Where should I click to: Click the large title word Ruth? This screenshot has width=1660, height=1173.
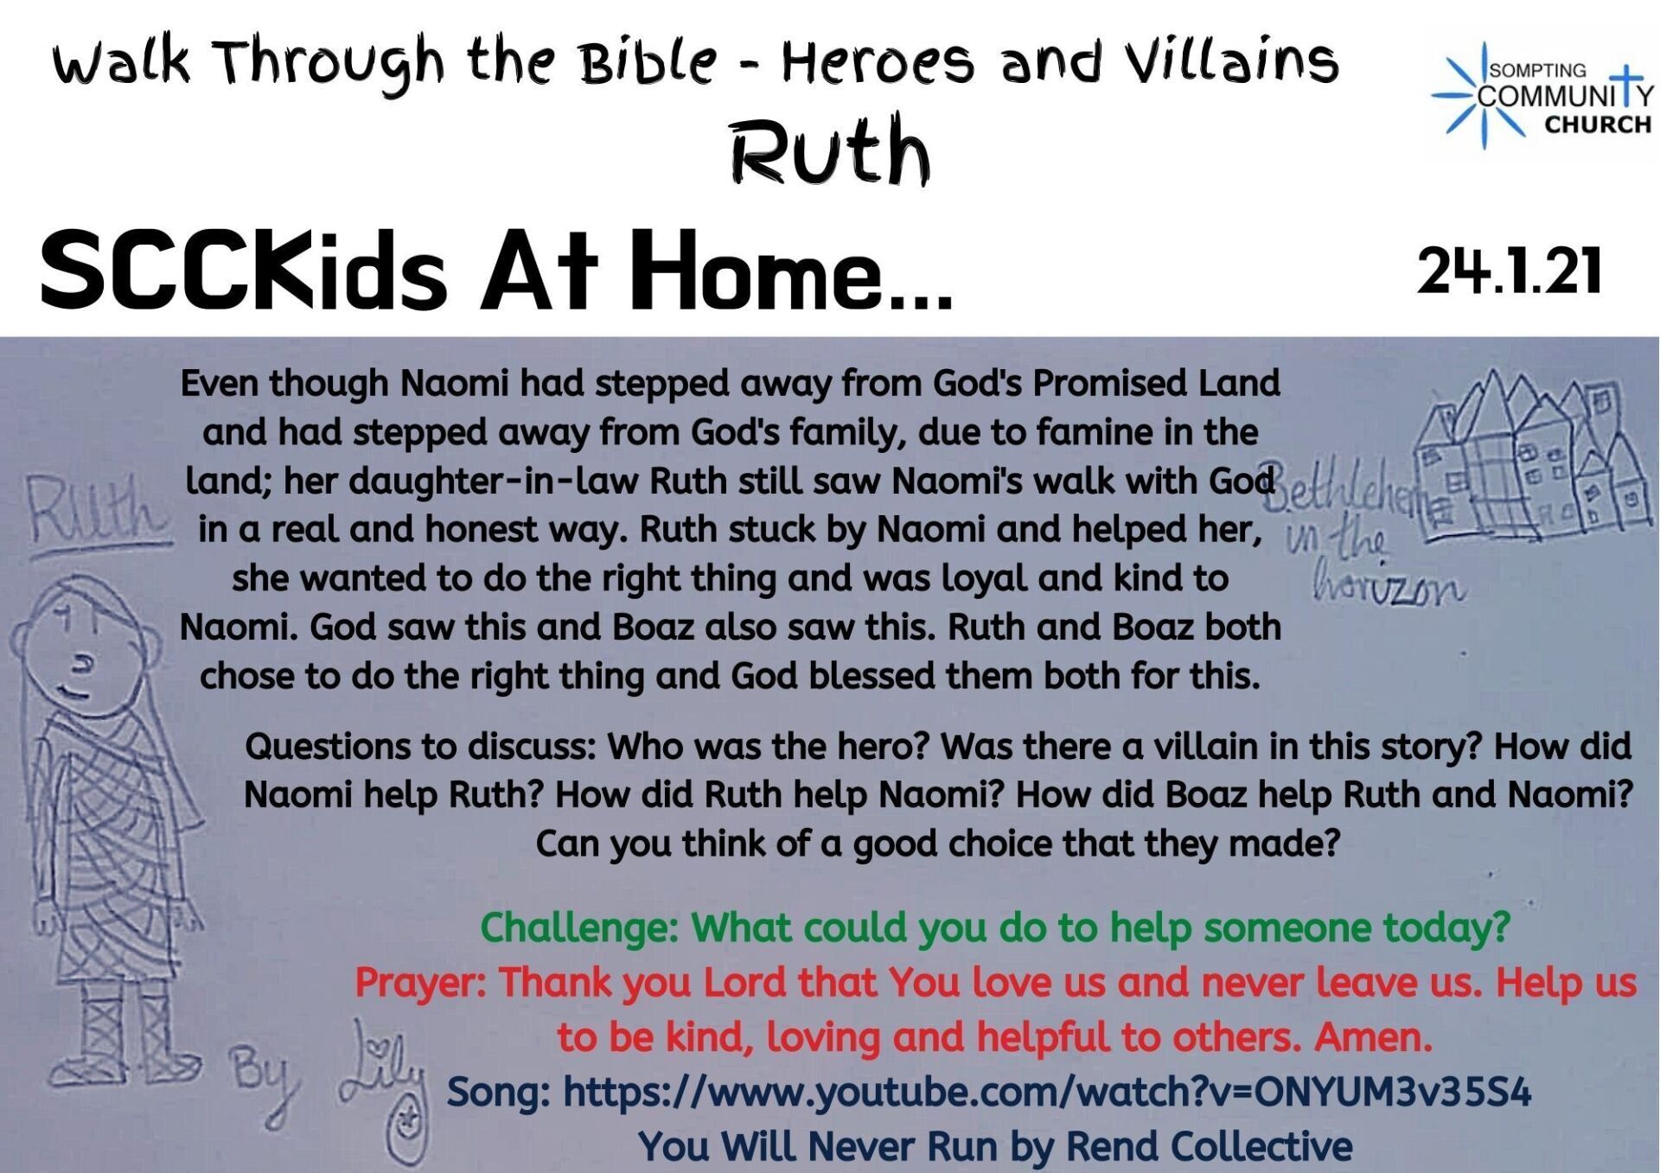coord(831,150)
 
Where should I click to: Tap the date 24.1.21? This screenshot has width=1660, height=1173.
coord(1510,271)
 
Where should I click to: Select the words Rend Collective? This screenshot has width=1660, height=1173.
coord(1209,1146)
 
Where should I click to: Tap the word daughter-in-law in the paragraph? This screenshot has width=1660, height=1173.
coord(462,481)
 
